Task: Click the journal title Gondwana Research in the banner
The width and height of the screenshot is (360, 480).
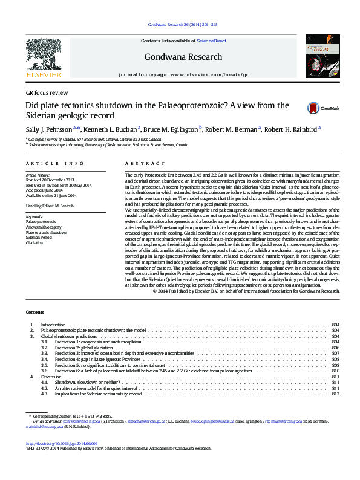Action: [175, 57]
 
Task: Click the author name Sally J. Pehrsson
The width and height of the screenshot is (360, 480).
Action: [48, 129]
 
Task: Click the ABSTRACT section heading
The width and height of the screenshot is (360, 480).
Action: [141, 164]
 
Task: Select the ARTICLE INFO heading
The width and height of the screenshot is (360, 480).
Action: [54, 164]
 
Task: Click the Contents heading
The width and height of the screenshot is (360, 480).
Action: [34, 312]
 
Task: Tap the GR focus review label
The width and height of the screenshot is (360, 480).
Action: [47, 92]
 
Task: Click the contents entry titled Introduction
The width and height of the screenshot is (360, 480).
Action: [53, 325]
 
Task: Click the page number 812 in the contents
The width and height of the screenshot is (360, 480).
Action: [336, 394]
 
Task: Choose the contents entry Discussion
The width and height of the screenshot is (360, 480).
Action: [52, 377]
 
